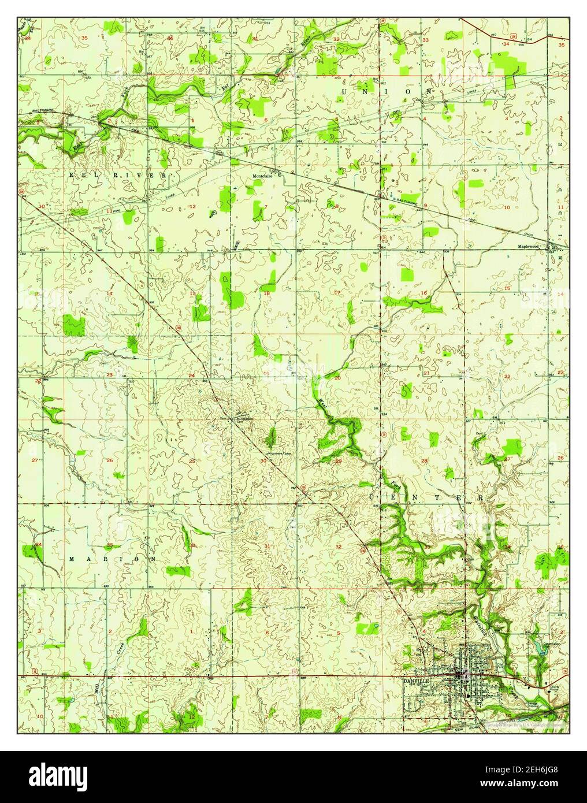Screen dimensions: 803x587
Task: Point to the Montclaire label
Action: coord(262,177)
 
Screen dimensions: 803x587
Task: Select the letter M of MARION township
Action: coord(72,559)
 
